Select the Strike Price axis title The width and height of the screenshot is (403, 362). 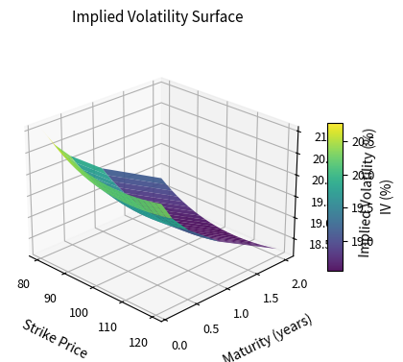coord(55,337)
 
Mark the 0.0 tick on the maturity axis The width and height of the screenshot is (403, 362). coord(179,345)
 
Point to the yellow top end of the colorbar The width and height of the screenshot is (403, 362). coord(335,126)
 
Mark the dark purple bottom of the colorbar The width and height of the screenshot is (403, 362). coord(335,268)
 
